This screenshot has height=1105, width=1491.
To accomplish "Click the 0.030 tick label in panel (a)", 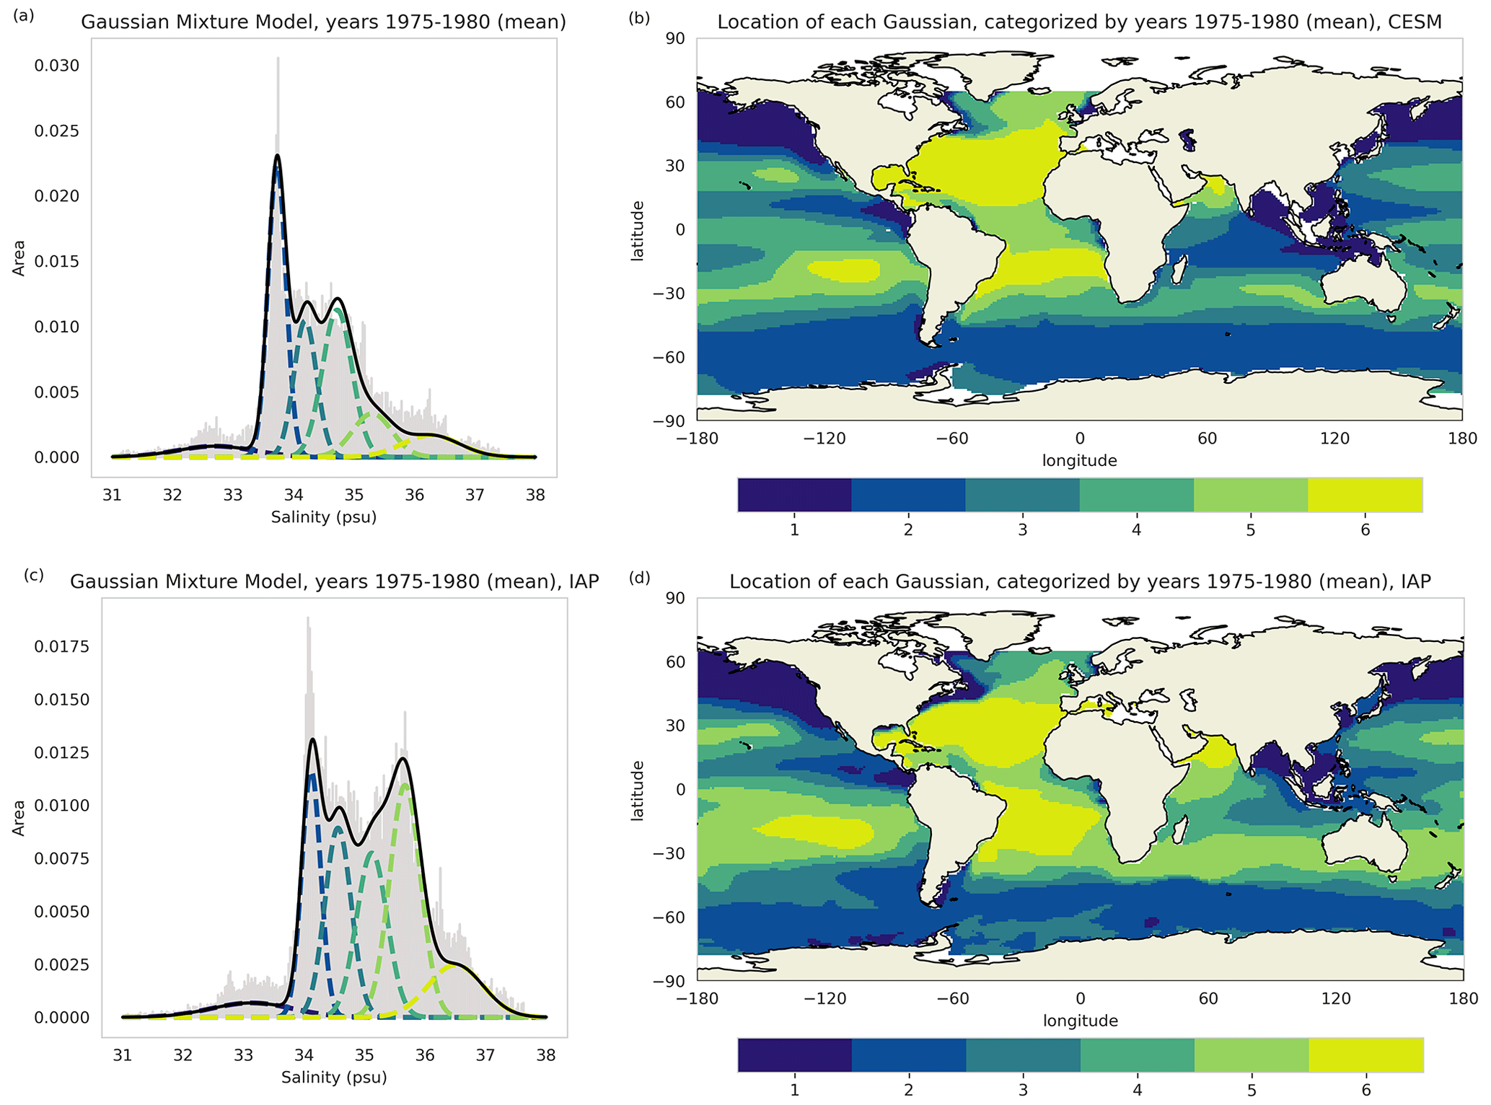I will coord(57,66).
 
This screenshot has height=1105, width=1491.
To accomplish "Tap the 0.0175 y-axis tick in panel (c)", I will coord(62,646).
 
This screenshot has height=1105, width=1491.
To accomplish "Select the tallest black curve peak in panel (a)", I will coord(277,156).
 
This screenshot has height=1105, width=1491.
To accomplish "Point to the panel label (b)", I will coord(639,18).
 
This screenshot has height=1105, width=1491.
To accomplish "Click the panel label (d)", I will coord(639,577).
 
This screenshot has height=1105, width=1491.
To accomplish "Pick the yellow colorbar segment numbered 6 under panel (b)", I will coord(1365,495).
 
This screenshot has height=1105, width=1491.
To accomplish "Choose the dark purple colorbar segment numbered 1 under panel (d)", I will coord(794,1055).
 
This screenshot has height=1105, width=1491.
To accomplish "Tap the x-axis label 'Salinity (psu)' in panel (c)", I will coord(334,1078).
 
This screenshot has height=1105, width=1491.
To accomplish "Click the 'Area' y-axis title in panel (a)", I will coord(19,258).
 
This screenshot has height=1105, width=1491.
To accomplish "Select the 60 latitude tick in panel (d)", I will coord(675,662).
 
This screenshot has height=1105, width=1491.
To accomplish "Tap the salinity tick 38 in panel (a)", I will coord(535,495).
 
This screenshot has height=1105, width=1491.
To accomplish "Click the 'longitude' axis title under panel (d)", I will coord(1080,1021).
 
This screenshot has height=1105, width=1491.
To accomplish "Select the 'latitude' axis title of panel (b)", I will coord(638,231).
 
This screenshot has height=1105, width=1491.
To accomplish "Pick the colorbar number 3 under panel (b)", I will coord(1022,530).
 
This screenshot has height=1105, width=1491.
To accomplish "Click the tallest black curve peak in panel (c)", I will coord(312,739).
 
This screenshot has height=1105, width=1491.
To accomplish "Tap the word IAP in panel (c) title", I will coord(584,581).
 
